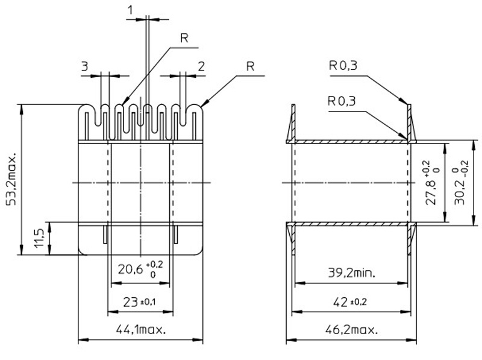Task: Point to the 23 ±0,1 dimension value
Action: pos(139,301)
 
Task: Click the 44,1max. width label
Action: pos(139,330)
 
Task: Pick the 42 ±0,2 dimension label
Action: pos(350,301)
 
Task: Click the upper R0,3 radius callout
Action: pos(343,66)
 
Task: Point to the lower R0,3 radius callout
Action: pos(343,101)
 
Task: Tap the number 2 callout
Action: pos(201,66)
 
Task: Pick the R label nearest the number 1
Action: pos(185,37)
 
